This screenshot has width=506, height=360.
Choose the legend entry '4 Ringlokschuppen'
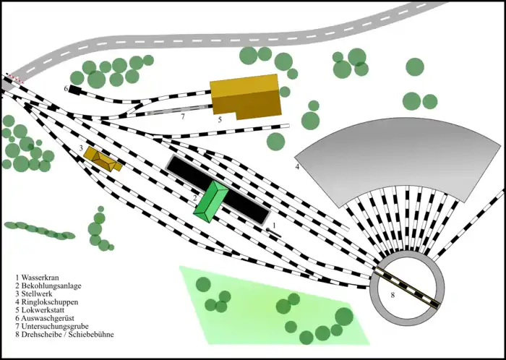point(51,302)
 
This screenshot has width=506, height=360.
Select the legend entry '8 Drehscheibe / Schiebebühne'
point(67,335)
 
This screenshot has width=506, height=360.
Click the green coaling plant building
point(211,202)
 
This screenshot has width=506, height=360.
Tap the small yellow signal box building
point(103,158)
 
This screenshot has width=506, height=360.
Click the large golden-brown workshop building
point(245,97)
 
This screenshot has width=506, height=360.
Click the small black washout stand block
point(75,90)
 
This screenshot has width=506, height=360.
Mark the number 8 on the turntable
point(393,295)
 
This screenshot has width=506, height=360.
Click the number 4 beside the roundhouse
point(297,167)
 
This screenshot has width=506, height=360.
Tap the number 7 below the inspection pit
point(183,116)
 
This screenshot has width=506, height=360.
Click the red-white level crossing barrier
point(14,77)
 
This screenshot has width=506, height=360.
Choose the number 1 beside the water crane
point(274,226)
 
